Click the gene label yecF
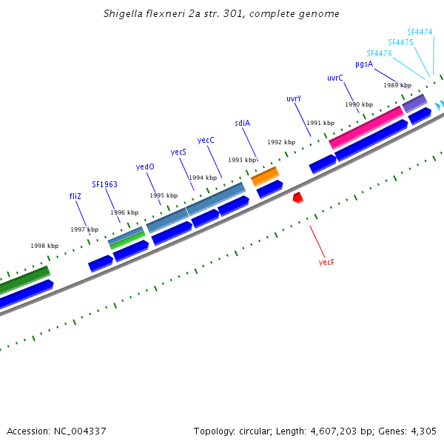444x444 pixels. [x=326, y=262]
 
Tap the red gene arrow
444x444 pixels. [x=297, y=197]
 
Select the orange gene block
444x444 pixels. [x=265, y=176]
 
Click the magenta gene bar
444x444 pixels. [x=366, y=126]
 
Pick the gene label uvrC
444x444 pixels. [x=335, y=78]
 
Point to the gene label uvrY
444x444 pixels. [x=294, y=98]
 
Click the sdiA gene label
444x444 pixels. [x=243, y=123]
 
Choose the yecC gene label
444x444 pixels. [x=206, y=140]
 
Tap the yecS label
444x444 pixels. [x=178, y=152]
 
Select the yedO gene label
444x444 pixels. [x=145, y=166]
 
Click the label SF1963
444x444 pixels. [x=104, y=184]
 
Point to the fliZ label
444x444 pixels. [x=75, y=196]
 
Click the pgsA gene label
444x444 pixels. [x=364, y=64]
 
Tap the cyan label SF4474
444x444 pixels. [x=420, y=32]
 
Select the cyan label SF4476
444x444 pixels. [x=379, y=53]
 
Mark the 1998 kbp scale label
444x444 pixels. [x=44, y=246]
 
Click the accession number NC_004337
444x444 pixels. [x=80, y=431]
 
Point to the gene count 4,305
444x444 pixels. [x=424, y=431]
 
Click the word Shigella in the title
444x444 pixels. [x=124, y=14]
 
